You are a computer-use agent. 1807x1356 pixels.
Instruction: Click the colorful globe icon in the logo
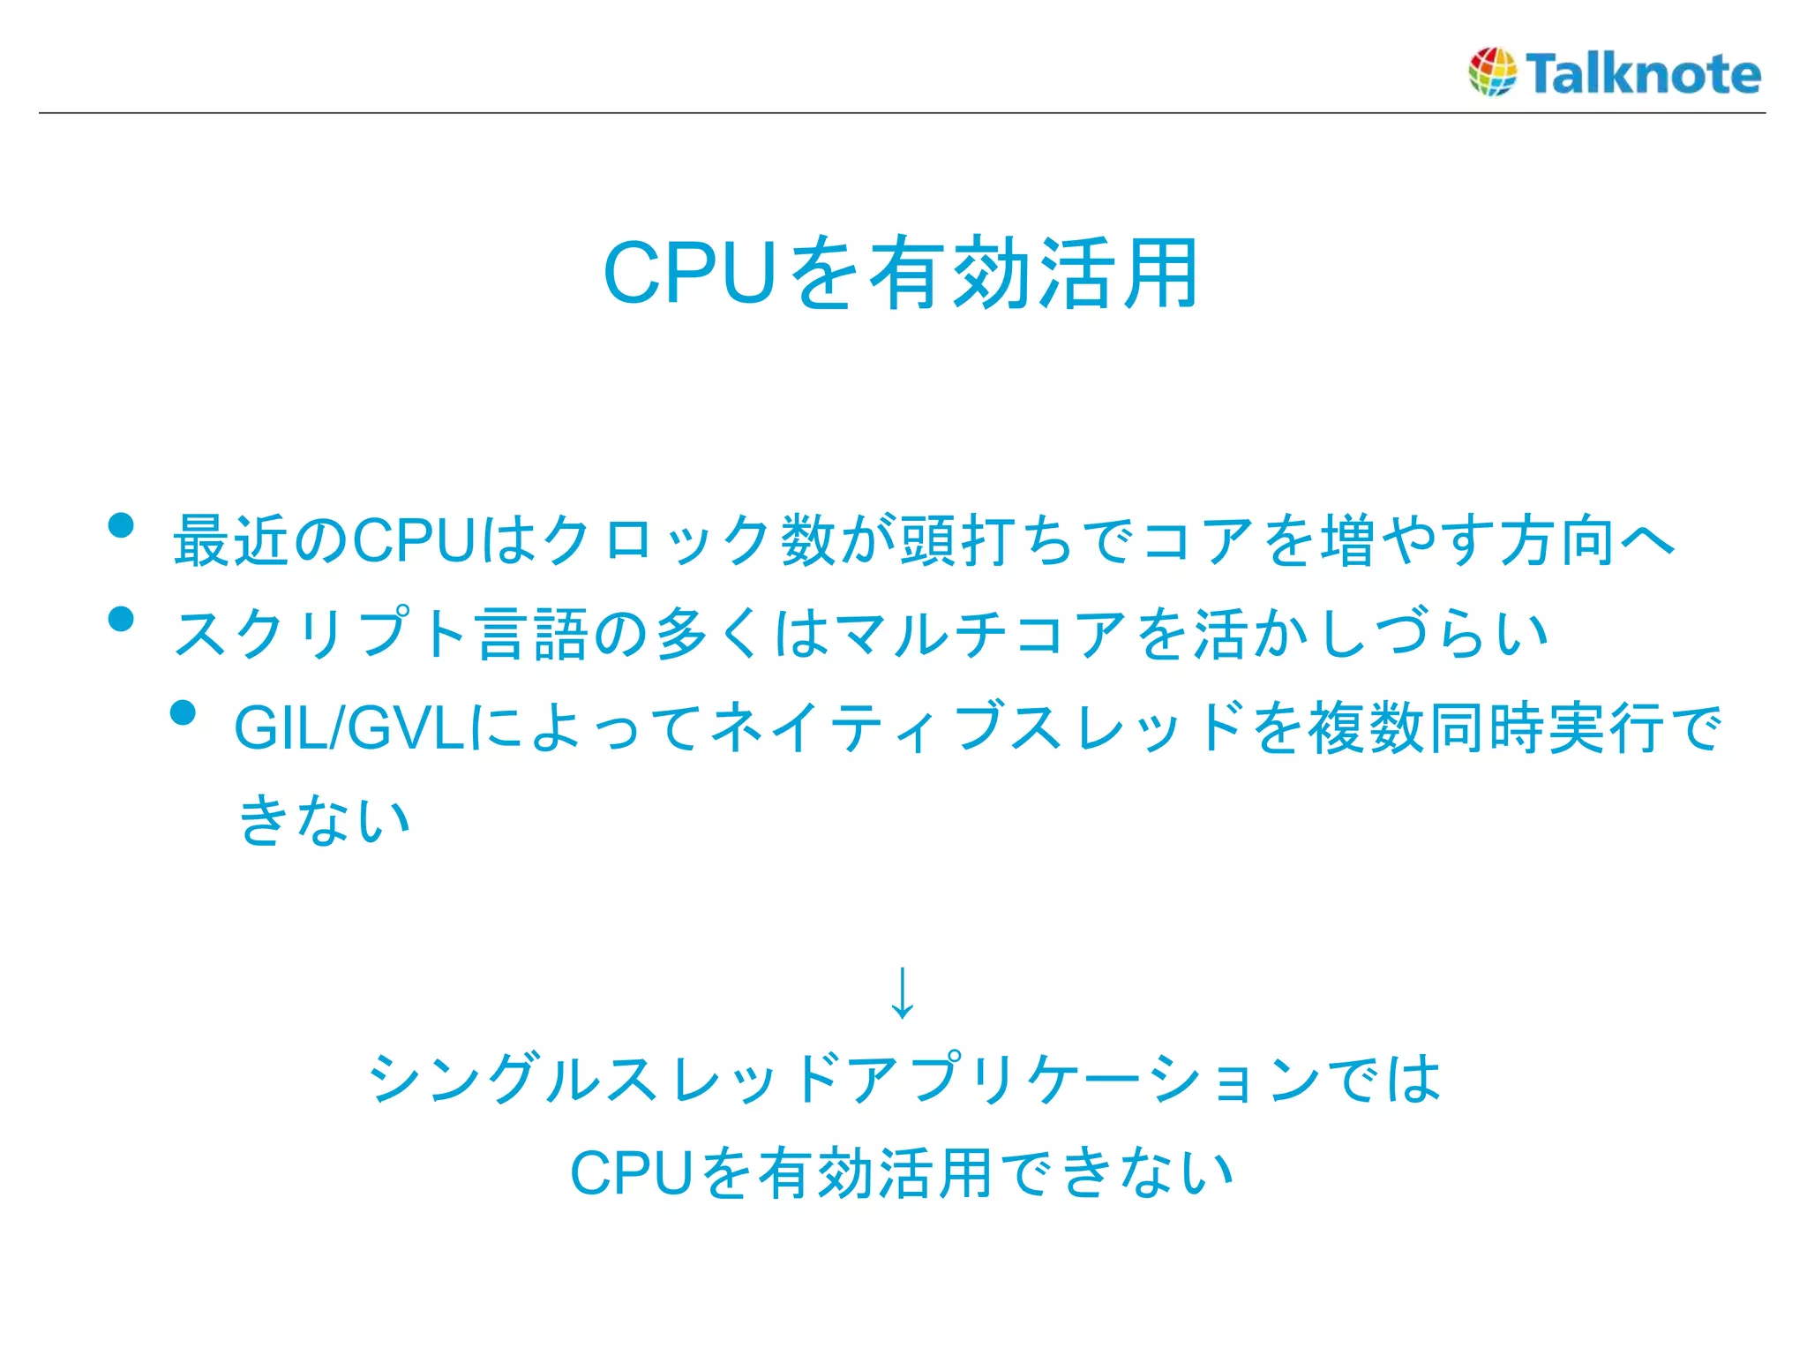point(1492,72)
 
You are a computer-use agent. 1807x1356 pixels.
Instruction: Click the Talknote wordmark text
point(1643,73)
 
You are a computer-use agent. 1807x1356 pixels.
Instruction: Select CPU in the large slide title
point(689,274)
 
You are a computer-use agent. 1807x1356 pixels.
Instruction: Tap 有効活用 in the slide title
point(1033,274)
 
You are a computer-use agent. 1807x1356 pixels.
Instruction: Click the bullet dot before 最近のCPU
point(121,526)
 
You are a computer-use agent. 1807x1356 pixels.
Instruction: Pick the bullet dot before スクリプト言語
point(121,619)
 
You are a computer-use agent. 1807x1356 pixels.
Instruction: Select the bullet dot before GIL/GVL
point(183,712)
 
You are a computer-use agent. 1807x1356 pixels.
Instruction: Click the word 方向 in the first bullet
point(1557,540)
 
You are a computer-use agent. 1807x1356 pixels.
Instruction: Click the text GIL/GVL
point(349,728)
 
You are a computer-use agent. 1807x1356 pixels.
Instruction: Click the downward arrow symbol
point(902,992)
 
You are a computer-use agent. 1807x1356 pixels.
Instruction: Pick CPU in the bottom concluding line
point(631,1174)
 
